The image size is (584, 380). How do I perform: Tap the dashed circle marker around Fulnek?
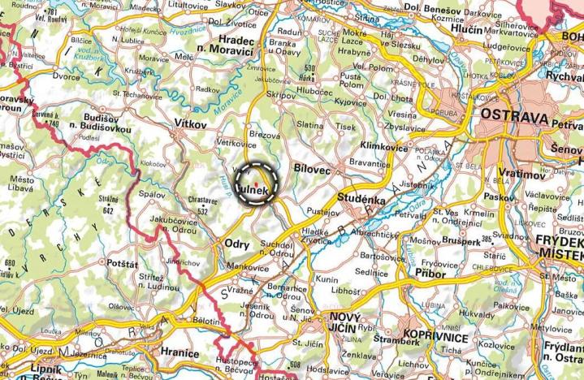coord(257,182)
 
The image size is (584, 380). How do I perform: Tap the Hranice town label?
coord(180,353)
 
